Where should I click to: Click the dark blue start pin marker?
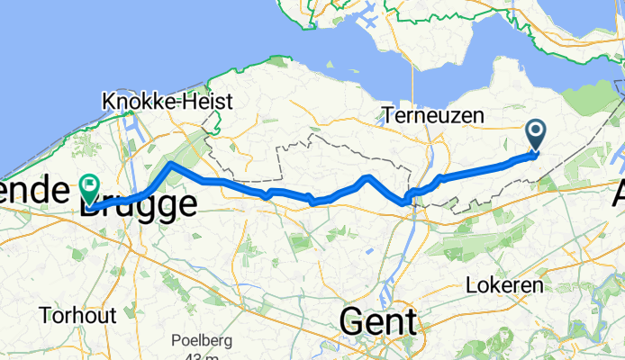(x=535, y=135)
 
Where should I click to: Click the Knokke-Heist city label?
(x=169, y=101)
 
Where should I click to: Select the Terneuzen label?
(x=432, y=116)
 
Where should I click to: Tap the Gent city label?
(x=378, y=321)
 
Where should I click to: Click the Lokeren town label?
(x=505, y=285)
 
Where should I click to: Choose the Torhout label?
(x=77, y=315)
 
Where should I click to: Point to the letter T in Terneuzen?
(x=387, y=116)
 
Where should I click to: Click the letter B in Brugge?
(x=92, y=204)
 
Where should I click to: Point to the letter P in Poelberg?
(x=176, y=342)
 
